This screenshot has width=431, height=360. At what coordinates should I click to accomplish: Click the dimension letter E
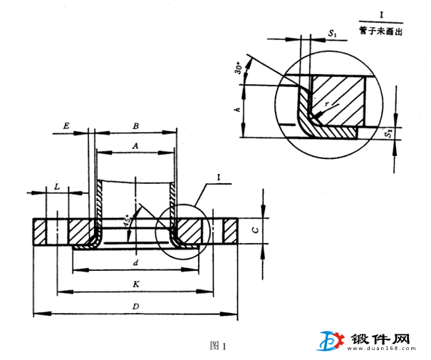(x=66, y=125)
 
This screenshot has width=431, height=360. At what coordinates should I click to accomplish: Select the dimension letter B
(x=135, y=125)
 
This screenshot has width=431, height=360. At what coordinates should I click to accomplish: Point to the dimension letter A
(x=135, y=145)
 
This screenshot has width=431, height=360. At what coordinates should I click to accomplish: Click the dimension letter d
(x=135, y=263)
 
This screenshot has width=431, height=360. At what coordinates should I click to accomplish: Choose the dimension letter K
(x=135, y=284)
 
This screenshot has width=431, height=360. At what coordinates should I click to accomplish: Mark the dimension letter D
(x=135, y=307)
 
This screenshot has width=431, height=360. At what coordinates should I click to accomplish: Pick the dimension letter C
(x=256, y=229)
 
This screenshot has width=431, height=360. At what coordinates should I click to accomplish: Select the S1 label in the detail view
(x=333, y=34)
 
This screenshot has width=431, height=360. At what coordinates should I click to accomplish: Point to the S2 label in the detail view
(x=388, y=134)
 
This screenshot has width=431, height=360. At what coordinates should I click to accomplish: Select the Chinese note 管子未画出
(x=381, y=31)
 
